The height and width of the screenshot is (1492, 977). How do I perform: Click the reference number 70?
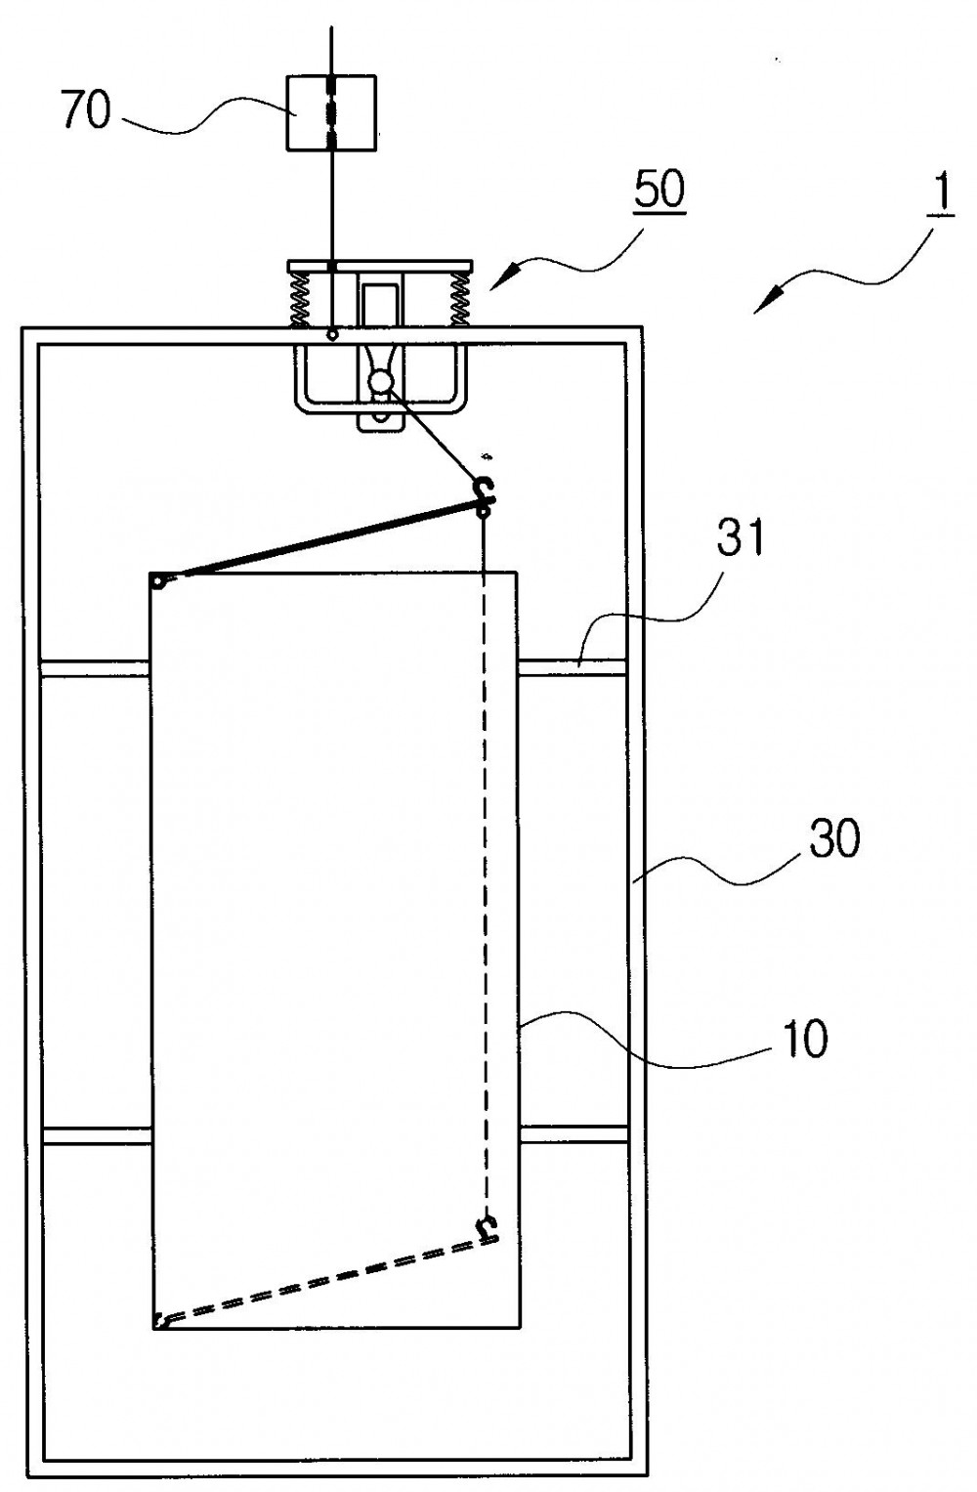86,109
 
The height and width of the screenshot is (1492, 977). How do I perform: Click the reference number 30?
834,838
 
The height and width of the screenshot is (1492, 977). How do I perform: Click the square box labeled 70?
331,112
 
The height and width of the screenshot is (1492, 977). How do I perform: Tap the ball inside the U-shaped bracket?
382,382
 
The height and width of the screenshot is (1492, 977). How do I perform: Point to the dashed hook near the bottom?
488,1227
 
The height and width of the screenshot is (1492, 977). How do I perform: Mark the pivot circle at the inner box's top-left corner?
157,581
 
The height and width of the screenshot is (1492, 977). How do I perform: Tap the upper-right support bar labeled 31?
573,668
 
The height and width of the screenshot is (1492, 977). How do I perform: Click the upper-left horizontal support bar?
95,668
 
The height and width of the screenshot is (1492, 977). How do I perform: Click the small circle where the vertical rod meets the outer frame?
331,335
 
